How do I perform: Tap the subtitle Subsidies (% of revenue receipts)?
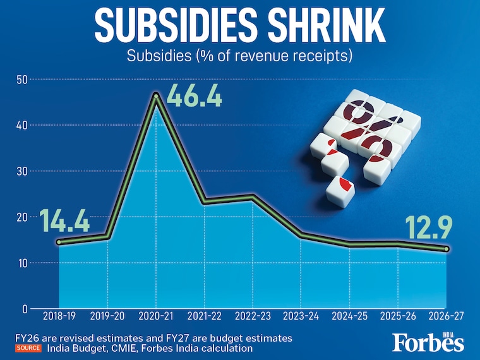[239, 56]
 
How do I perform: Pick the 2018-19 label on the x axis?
[59, 315]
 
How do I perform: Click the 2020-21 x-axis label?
[156, 315]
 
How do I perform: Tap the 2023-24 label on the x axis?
[302, 315]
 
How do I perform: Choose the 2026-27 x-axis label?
[447, 315]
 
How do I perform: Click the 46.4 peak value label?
[195, 98]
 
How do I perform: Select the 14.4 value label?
[65, 222]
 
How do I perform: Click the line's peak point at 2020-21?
[156, 95]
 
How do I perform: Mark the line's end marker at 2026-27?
[447, 249]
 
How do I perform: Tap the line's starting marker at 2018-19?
[59, 242]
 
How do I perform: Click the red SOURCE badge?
[28, 348]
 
